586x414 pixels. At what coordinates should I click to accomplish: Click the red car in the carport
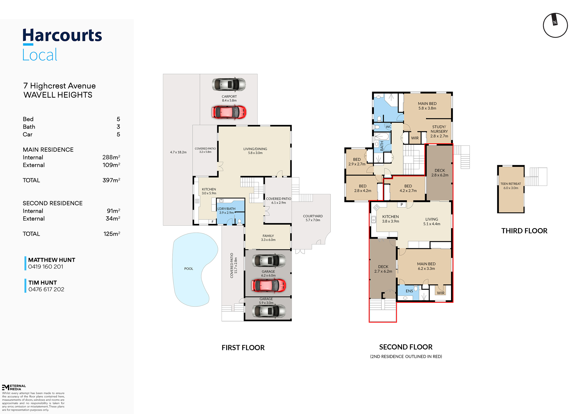pyautogui.click(x=229, y=112)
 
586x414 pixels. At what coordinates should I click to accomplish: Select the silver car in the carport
pyautogui.click(x=229, y=85)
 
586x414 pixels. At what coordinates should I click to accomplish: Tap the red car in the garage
pyautogui.click(x=269, y=285)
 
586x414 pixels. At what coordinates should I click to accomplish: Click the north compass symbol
pyautogui.click(x=555, y=25)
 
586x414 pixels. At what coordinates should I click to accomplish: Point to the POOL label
pyautogui.click(x=189, y=268)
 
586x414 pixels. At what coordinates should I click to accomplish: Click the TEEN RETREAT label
pyautogui.click(x=511, y=184)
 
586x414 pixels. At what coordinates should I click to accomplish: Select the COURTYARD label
pyautogui.click(x=313, y=216)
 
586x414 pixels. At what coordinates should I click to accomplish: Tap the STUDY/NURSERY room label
pyautogui.click(x=439, y=129)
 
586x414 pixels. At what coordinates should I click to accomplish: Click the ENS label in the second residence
pyautogui.click(x=409, y=291)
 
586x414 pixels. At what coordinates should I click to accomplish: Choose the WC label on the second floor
pyautogui.click(x=388, y=127)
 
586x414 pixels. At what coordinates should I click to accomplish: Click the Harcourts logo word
pyautogui.click(x=62, y=35)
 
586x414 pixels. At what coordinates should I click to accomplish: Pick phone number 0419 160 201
pyautogui.click(x=46, y=267)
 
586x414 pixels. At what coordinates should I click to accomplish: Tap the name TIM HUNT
pyautogui.click(x=43, y=283)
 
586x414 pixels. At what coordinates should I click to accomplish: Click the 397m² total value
pyautogui.click(x=111, y=180)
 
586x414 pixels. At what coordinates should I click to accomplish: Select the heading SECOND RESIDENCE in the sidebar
pyautogui.click(x=53, y=203)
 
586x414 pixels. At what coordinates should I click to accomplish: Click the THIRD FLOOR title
pyautogui.click(x=524, y=231)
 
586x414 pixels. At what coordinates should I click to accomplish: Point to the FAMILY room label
pyautogui.click(x=268, y=236)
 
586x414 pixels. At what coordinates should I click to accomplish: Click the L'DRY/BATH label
pyautogui.click(x=226, y=209)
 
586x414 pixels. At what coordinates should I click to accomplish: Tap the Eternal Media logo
pyautogui.click(x=14, y=387)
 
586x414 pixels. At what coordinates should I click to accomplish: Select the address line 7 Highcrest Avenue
pyautogui.click(x=59, y=86)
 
